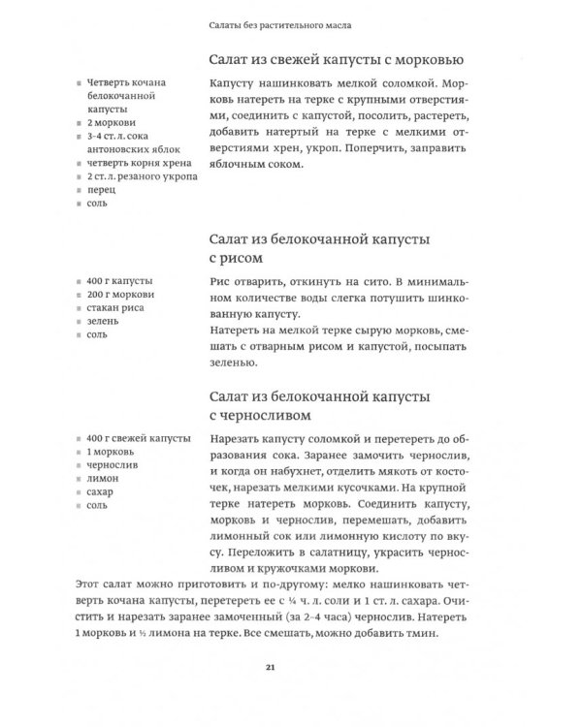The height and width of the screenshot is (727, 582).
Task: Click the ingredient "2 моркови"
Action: click(110, 124)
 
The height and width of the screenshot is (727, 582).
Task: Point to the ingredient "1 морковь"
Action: click(110, 451)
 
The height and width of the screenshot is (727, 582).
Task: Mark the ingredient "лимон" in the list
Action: click(102, 478)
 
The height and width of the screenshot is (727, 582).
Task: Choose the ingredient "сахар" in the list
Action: click(100, 491)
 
